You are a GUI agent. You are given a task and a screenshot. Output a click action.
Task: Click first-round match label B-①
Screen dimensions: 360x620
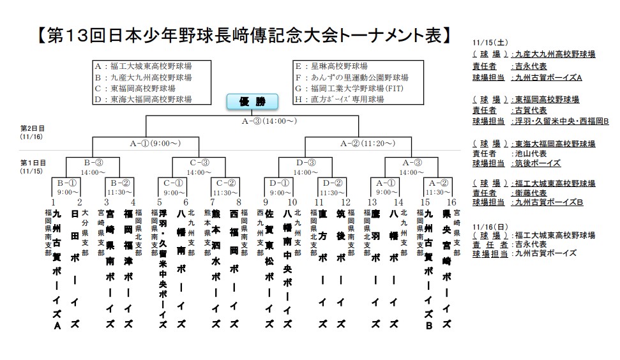click(x=66, y=182)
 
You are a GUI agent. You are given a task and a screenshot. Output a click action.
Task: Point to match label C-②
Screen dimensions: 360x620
click(x=225, y=182)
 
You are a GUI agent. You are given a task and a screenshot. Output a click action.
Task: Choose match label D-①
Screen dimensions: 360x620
click(x=278, y=182)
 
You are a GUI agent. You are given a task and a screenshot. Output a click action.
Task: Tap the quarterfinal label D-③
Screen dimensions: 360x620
click(x=305, y=162)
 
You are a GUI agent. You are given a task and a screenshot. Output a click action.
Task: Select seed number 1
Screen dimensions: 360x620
click(x=54, y=202)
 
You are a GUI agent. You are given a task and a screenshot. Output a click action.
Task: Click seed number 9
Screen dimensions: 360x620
click(x=266, y=202)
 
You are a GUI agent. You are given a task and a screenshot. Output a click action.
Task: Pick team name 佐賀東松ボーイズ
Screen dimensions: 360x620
click(x=270, y=262)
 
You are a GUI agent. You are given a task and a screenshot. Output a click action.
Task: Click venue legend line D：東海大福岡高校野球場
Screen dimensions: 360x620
click(x=143, y=99)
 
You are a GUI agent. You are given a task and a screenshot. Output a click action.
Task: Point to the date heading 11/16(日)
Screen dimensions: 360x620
click(x=488, y=226)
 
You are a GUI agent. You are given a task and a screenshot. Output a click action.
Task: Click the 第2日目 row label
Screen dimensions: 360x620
click(x=30, y=128)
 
